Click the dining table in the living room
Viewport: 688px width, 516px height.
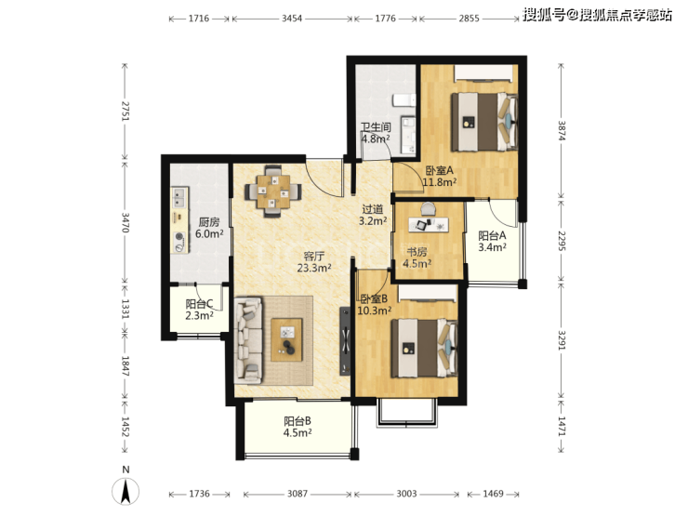tap(273, 192)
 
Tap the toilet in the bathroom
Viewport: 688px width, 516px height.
tap(404, 100)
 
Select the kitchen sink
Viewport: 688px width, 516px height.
tap(179, 197)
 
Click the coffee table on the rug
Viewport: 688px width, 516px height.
tap(286, 340)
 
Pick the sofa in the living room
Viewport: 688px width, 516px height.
tap(249, 339)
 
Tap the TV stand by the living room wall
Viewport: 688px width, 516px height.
tap(345, 340)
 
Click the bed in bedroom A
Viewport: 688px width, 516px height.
tap(484, 122)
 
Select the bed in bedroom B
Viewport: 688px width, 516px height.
tap(424, 348)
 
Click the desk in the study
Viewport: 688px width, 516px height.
tap(430, 224)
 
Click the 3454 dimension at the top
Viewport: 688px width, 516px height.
tap(292, 19)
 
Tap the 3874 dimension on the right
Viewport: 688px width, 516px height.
tap(562, 130)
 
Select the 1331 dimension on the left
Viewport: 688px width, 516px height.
tap(126, 309)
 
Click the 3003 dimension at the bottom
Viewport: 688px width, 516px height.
tap(406, 494)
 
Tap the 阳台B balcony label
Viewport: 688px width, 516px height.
tap(298, 421)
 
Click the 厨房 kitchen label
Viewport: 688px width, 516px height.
tap(209, 222)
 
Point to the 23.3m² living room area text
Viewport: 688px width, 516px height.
tap(314, 268)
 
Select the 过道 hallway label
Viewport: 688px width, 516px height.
tap(373, 209)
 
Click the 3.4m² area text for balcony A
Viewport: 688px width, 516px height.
tap(493, 247)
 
